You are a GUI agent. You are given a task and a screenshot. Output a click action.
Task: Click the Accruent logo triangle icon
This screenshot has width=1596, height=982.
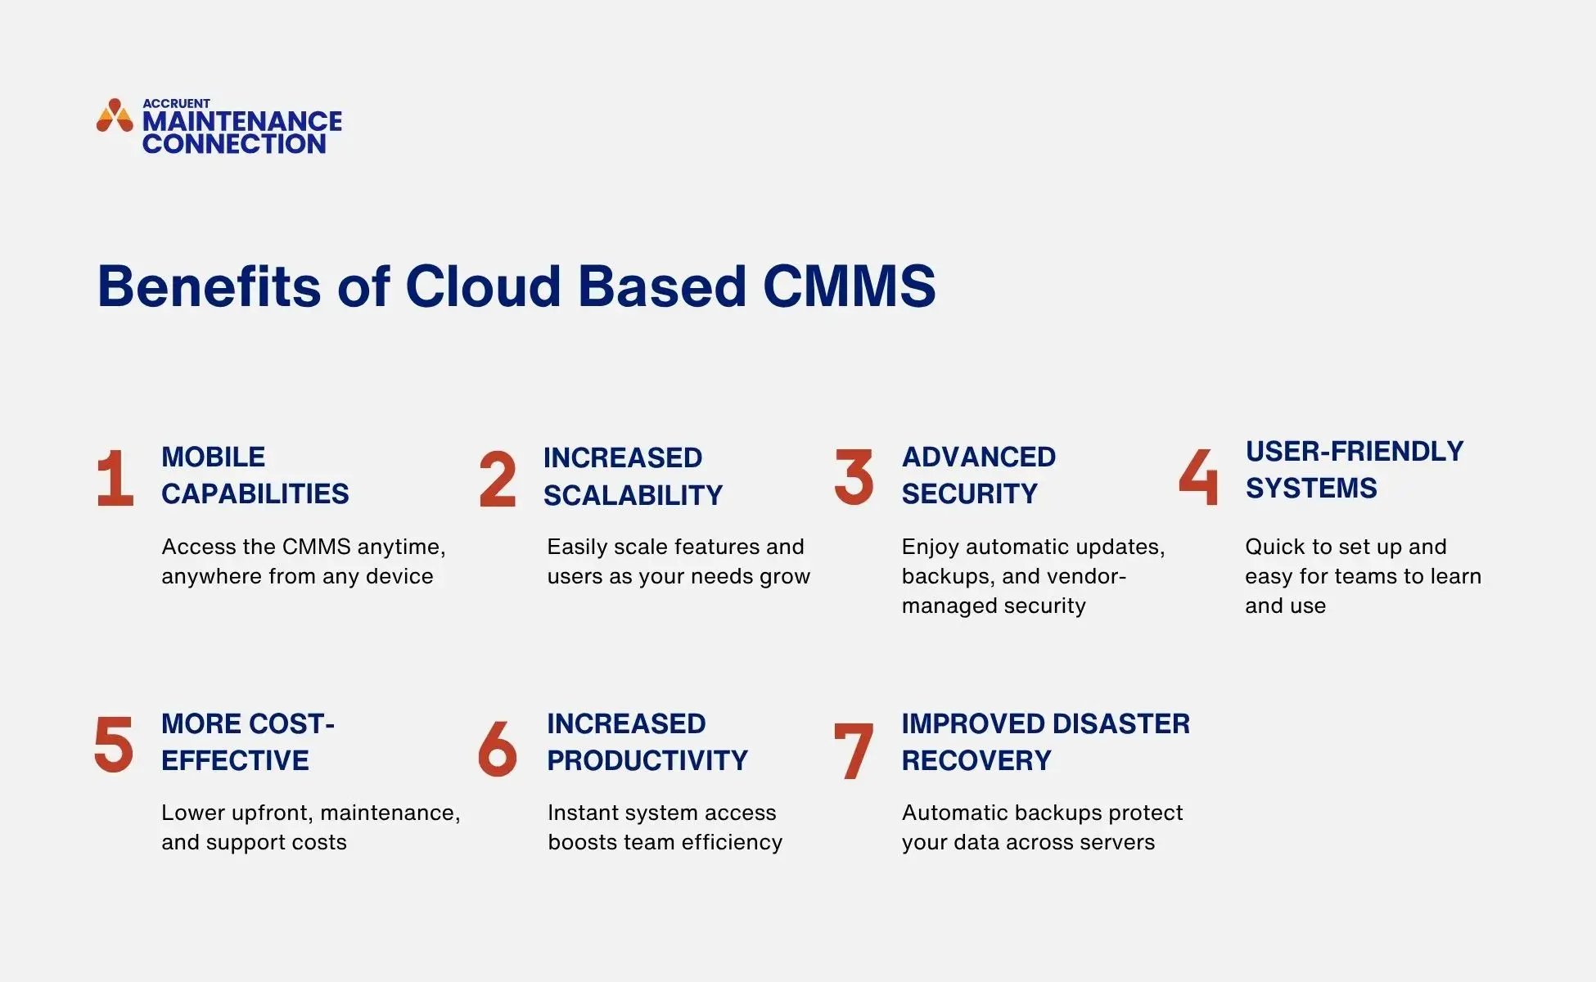click(115, 116)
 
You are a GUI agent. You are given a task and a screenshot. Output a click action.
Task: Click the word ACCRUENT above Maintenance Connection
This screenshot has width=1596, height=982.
click(176, 103)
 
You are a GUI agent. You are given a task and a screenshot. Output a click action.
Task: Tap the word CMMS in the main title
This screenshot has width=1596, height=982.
click(849, 286)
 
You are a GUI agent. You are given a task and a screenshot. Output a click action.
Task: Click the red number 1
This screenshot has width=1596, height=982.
click(115, 478)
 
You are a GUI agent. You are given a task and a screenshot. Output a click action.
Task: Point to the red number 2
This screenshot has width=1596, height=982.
click(498, 480)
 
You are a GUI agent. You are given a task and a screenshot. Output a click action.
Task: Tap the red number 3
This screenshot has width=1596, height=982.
click(854, 476)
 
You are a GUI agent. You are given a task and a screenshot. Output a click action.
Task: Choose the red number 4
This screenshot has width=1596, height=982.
click(1198, 476)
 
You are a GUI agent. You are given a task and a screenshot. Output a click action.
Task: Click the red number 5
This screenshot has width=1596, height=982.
click(114, 743)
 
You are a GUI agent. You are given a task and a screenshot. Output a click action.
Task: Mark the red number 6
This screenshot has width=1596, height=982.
click(498, 748)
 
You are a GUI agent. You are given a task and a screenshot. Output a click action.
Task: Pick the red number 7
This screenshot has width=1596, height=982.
click(853, 750)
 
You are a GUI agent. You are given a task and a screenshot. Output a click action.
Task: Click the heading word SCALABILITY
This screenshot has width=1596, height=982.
click(633, 495)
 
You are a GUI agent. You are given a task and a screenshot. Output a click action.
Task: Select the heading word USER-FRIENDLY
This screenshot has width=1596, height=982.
click(1355, 451)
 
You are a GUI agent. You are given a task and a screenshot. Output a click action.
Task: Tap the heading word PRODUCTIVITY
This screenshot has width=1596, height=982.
click(647, 760)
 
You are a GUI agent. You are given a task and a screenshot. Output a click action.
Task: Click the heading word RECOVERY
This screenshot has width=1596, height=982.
click(976, 760)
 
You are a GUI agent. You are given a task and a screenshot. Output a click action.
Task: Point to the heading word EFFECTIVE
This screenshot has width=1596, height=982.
click(235, 760)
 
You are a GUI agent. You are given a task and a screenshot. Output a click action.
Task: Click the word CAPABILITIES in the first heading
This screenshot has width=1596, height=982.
click(255, 493)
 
